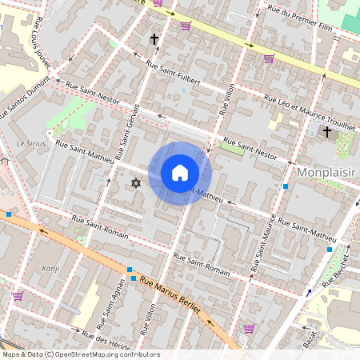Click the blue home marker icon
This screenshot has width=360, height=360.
coord(180,173)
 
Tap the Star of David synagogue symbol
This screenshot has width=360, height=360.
coord(135,184)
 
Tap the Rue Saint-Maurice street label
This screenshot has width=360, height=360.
coord(266,239)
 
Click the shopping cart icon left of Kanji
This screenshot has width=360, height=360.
coord(18,295)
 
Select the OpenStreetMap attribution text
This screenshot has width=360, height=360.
coord(80,354)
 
